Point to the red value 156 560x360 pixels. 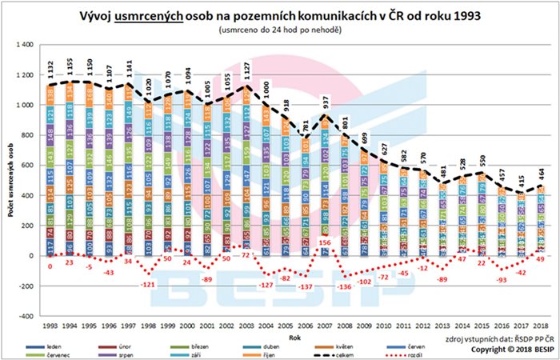point(325,242)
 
